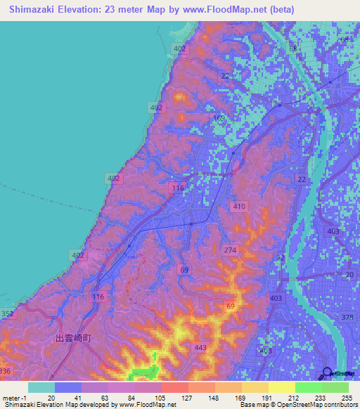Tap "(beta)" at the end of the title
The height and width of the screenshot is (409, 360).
click(x=277, y=10)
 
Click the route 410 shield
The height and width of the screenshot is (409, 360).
click(x=239, y=207)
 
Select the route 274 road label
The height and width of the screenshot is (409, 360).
click(x=229, y=250)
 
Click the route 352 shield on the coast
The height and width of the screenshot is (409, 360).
click(x=7, y=313)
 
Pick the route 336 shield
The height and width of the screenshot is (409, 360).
click(x=6, y=371)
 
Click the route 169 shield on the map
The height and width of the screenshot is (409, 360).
click(x=219, y=118)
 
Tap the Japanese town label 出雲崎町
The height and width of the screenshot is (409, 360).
click(x=74, y=338)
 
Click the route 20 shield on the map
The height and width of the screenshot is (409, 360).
click(x=349, y=275)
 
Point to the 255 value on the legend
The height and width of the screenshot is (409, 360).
click(x=343, y=397)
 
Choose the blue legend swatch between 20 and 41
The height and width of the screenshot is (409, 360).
click(x=68, y=387)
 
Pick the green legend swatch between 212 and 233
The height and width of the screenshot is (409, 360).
click(x=308, y=387)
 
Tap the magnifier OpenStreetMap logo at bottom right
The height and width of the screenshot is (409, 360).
click(x=328, y=373)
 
